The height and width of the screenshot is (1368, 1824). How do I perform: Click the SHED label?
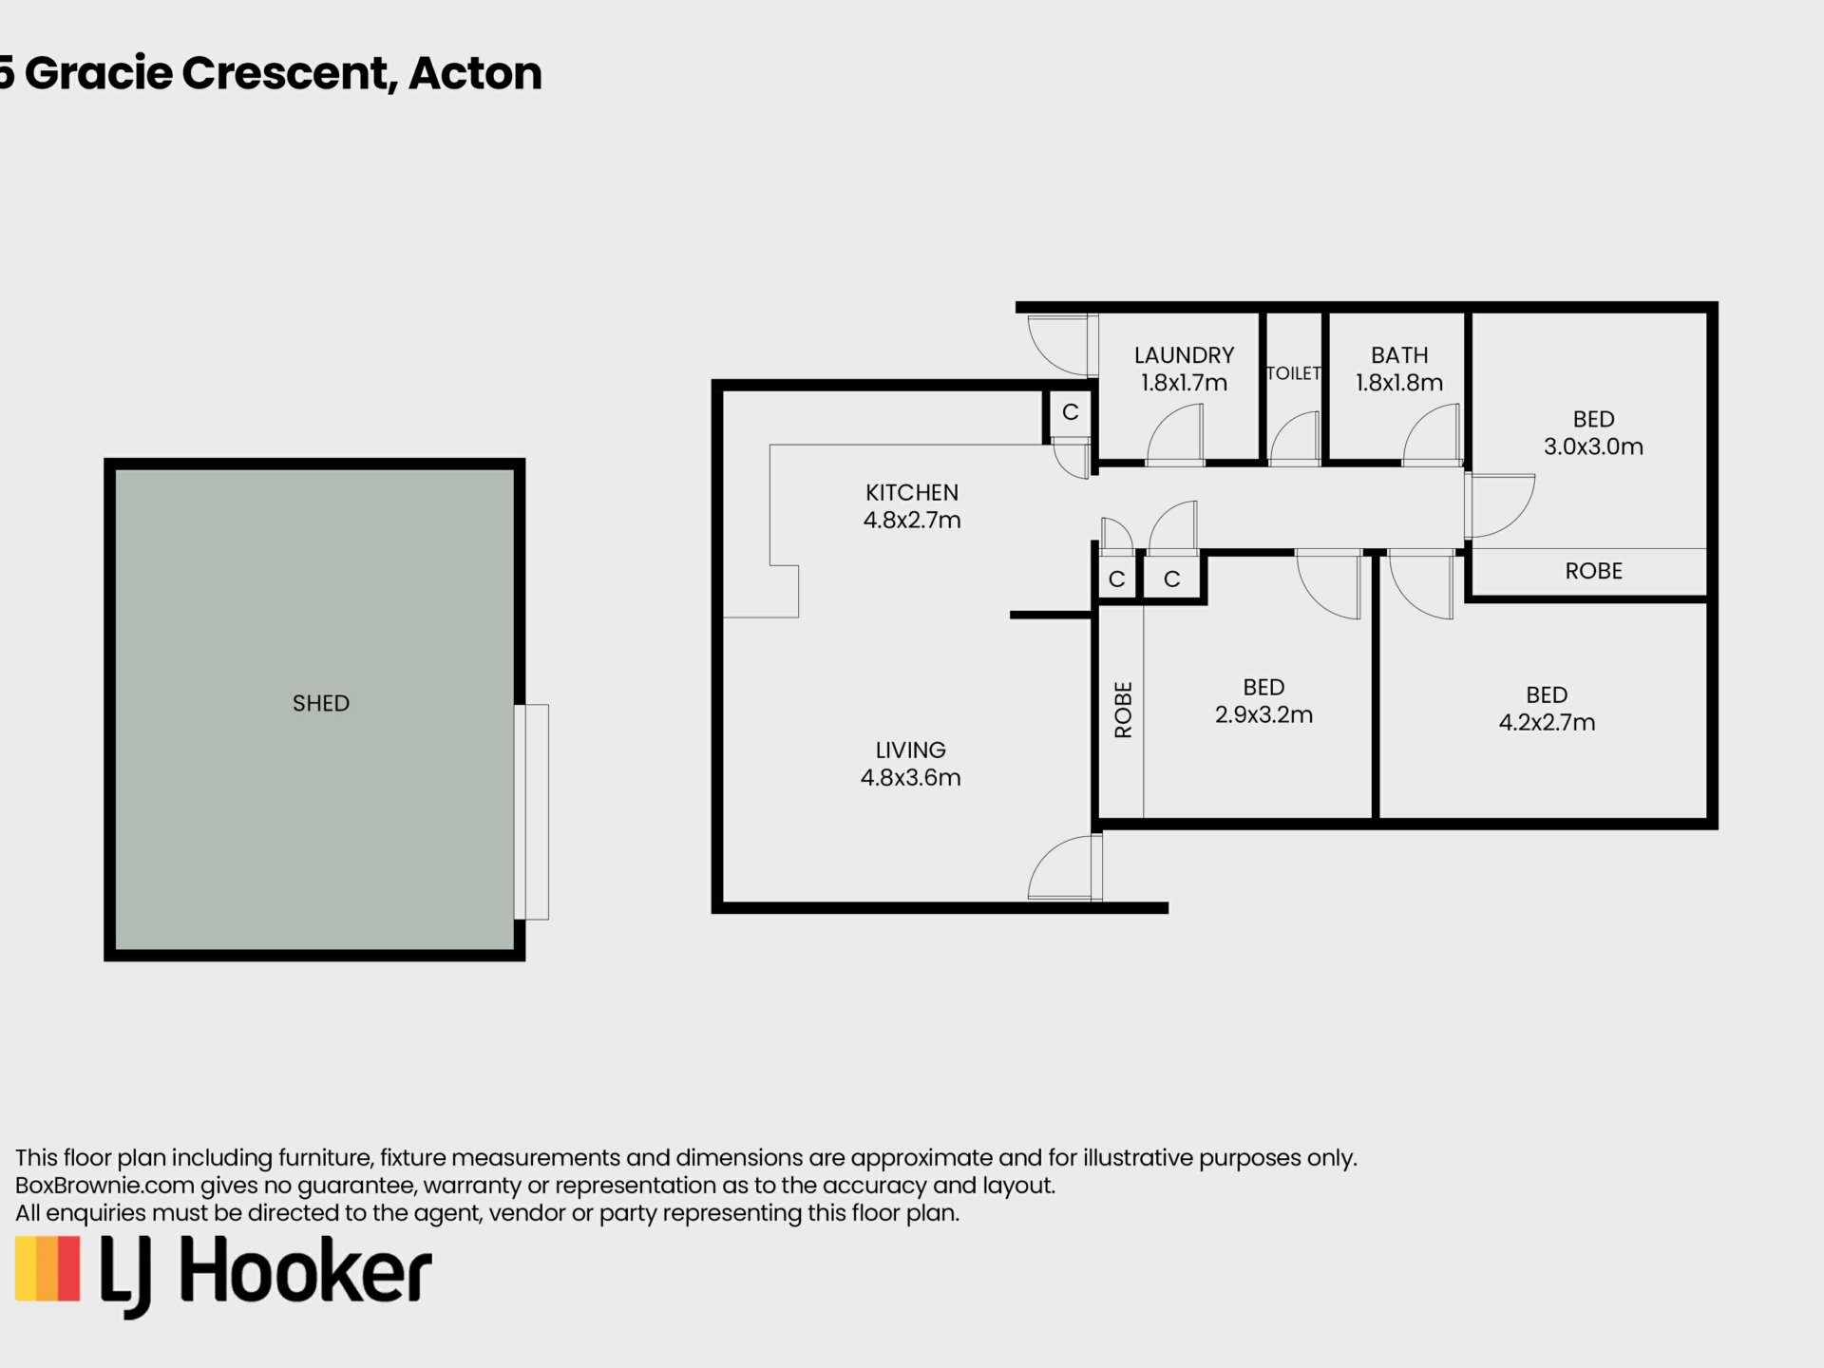click(x=321, y=703)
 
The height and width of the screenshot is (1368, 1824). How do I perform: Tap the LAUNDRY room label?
click(x=1184, y=355)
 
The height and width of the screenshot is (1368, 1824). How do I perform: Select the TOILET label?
click(x=1294, y=373)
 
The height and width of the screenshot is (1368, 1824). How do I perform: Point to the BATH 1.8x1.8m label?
click(x=1399, y=369)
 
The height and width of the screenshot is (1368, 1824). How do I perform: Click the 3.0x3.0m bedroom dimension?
click(x=1593, y=446)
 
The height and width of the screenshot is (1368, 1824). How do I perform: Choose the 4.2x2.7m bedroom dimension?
click(x=1547, y=722)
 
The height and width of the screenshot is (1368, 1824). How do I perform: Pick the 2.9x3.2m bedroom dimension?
click(x=1263, y=714)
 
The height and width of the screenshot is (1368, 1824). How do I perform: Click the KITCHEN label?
click(x=912, y=492)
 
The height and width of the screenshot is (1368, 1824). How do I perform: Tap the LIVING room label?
click(x=910, y=750)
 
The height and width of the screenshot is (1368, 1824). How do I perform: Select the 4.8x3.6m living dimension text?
click(x=910, y=777)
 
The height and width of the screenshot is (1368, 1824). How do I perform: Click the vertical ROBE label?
click(x=1123, y=710)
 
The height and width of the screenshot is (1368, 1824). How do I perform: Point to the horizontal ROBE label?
click(x=1593, y=571)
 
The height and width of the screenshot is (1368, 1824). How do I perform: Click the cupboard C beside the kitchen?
click(x=1070, y=412)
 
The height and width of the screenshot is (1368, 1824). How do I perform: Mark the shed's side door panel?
click(x=537, y=812)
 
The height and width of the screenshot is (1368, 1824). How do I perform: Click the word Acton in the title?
click(x=475, y=73)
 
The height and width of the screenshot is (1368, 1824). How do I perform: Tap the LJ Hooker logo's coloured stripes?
click(x=47, y=1267)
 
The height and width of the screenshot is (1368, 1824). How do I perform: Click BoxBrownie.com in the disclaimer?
click(x=104, y=1186)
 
